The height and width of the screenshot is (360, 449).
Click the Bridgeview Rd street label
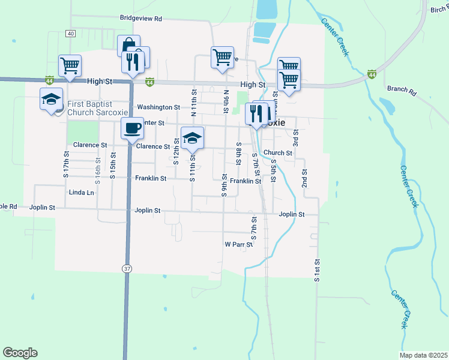point(141,19)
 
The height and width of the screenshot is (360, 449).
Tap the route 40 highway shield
point(71,34)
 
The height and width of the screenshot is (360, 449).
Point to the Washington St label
point(158,107)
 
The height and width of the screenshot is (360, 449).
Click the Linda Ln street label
point(82,193)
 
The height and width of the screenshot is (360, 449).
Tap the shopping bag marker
point(128,46)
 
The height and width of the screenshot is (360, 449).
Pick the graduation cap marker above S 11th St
point(192,139)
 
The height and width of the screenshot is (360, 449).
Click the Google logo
point(20,353)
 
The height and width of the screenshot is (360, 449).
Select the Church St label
point(277,153)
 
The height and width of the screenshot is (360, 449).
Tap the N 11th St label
point(194,102)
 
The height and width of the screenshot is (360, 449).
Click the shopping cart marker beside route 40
point(70,65)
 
